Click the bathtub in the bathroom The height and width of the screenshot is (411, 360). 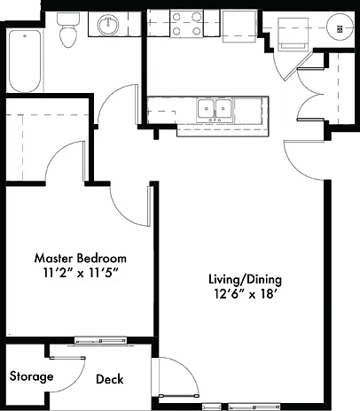click(x=25, y=61)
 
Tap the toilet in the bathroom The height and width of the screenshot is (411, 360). click(x=68, y=30)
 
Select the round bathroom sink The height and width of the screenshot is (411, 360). click(x=108, y=25)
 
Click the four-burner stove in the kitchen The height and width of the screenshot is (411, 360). click(x=186, y=23)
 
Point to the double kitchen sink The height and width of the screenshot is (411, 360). click(x=215, y=110)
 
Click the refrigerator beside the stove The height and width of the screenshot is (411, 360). click(x=239, y=26)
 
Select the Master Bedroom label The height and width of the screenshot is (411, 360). click(x=81, y=259)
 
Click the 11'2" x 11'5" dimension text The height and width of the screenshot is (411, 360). click(x=81, y=273)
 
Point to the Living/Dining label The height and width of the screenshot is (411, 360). click(x=245, y=280)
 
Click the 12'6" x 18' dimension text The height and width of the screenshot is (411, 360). click(x=247, y=294)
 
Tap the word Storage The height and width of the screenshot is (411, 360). click(x=31, y=376)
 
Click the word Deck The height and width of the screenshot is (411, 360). click(x=110, y=379)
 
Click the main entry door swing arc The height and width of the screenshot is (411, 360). click(x=294, y=169)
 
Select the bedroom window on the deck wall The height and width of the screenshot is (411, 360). click(x=100, y=341)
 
